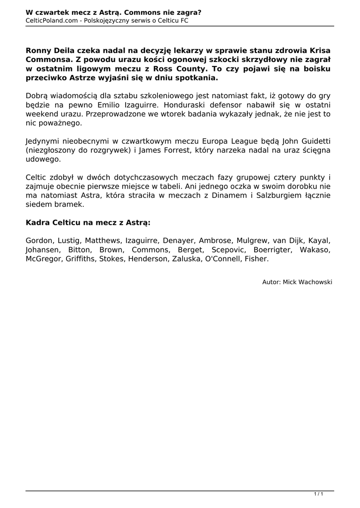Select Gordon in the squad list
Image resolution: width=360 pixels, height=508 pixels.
(x=38, y=241)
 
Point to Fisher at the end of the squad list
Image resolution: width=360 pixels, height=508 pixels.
(x=257, y=258)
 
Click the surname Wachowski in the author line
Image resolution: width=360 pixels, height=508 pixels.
(x=314, y=282)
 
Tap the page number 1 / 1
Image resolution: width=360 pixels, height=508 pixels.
(x=319, y=494)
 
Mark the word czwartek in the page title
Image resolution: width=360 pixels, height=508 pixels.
(x=52, y=11)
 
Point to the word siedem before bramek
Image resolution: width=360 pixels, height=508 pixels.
(x=38, y=204)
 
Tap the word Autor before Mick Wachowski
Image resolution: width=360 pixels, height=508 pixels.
(x=271, y=282)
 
